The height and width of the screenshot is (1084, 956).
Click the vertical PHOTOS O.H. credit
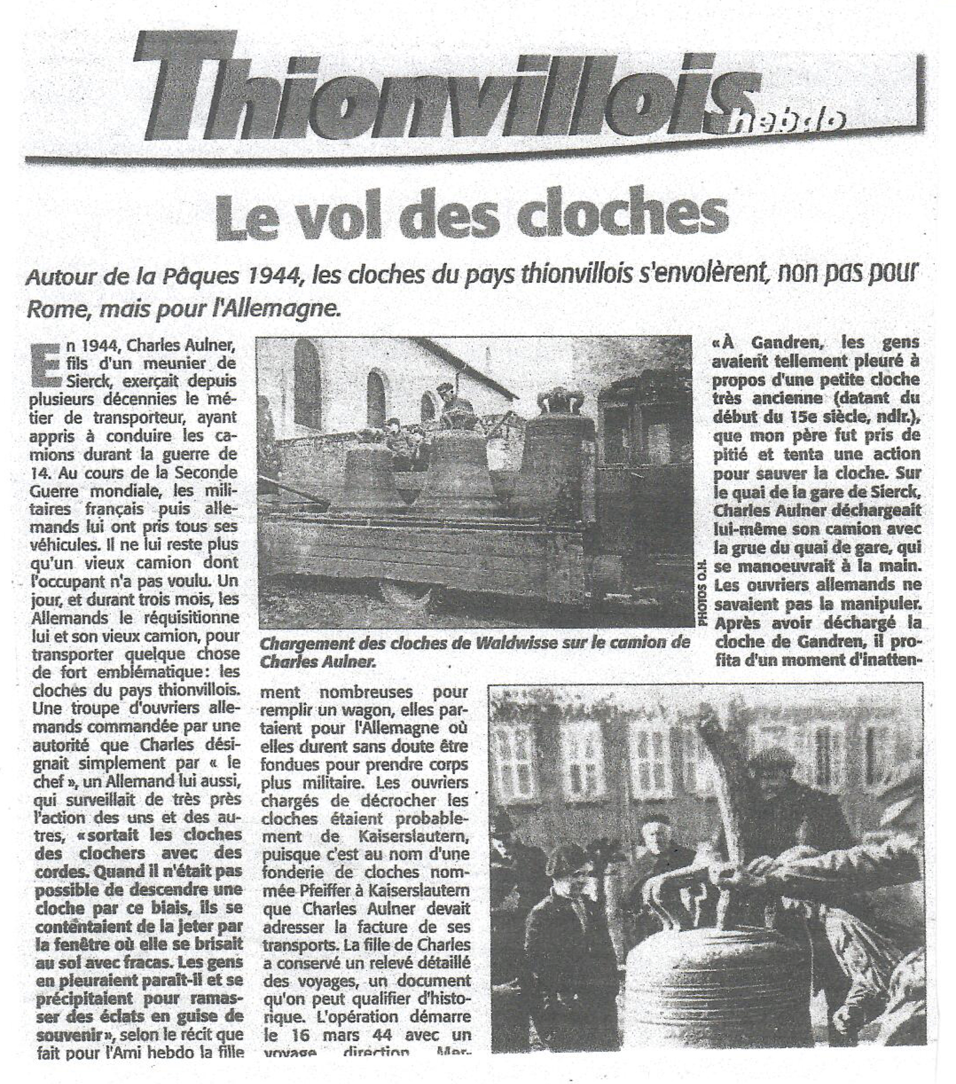click(703, 595)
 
